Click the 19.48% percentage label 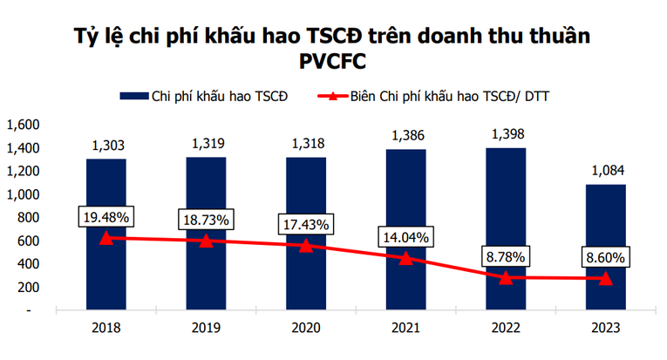(x=105, y=215)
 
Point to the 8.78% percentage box (x=506, y=257)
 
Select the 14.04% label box (x=405, y=235)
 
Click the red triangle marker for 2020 (x=306, y=245)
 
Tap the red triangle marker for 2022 (x=506, y=277)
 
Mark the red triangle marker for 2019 (x=206, y=240)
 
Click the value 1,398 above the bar (x=506, y=133)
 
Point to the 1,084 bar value (x=605, y=170)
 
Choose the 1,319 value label (x=206, y=143)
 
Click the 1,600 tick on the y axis (x=23, y=125)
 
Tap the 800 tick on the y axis (x=28, y=217)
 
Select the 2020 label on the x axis (x=306, y=329)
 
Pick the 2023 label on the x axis (x=605, y=329)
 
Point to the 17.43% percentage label (x=306, y=225)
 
